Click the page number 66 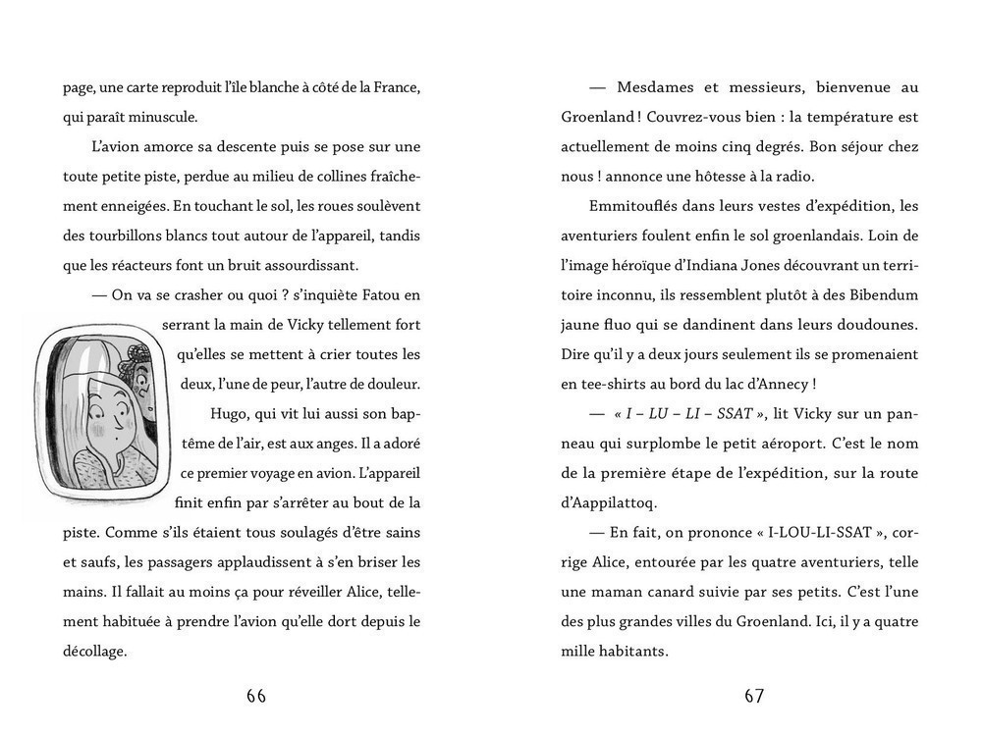point(256,696)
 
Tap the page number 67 point(754,696)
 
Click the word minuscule point(158,117)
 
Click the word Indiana point(716,265)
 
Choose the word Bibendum point(878,294)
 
